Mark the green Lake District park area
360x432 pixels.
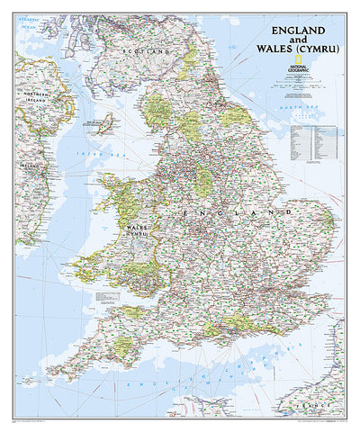tap(159, 110)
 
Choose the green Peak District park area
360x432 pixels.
tap(205, 180)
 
